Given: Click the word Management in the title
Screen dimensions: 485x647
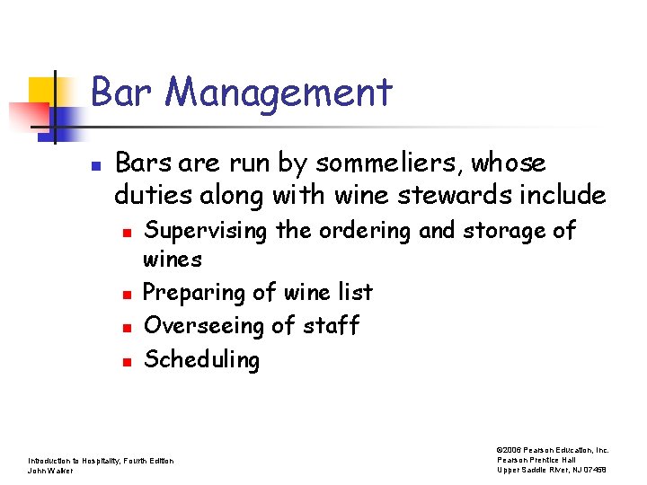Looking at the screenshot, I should [x=279, y=93].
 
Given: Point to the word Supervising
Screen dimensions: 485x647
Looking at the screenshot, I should [x=206, y=232].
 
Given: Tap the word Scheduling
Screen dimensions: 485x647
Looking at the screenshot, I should [x=201, y=360].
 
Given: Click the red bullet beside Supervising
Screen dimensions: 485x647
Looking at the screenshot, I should [x=127, y=233].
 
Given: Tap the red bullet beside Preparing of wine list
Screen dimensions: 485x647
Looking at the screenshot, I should [x=127, y=294].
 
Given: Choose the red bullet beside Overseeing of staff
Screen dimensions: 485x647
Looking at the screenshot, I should [x=127, y=327].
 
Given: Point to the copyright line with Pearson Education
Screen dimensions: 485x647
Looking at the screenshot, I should [x=553, y=450].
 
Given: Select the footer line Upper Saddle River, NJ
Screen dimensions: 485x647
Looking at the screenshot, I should [x=553, y=471].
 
